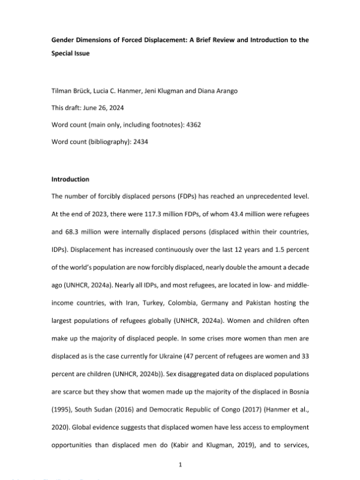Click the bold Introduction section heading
pos(70,179)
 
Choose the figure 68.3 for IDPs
pos(76,216)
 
